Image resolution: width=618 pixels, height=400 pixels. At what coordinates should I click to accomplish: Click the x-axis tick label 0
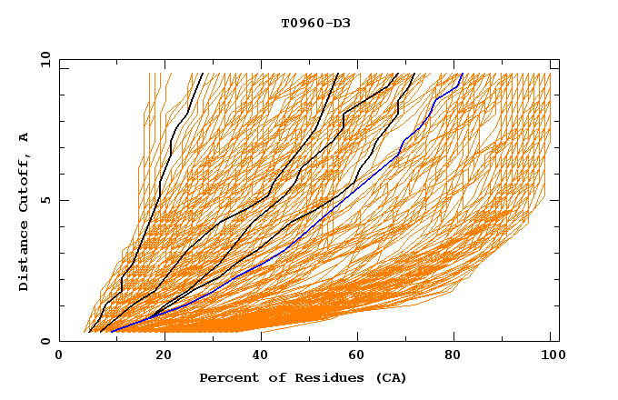[59, 356]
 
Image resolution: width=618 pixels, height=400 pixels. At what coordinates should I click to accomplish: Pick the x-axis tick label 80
[461, 356]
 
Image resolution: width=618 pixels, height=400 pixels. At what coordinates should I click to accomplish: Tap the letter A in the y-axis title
[25, 137]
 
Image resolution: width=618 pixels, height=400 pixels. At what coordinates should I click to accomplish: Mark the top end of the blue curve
[463, 74]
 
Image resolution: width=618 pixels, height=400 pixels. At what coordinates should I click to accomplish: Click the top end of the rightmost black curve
[414, 74]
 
